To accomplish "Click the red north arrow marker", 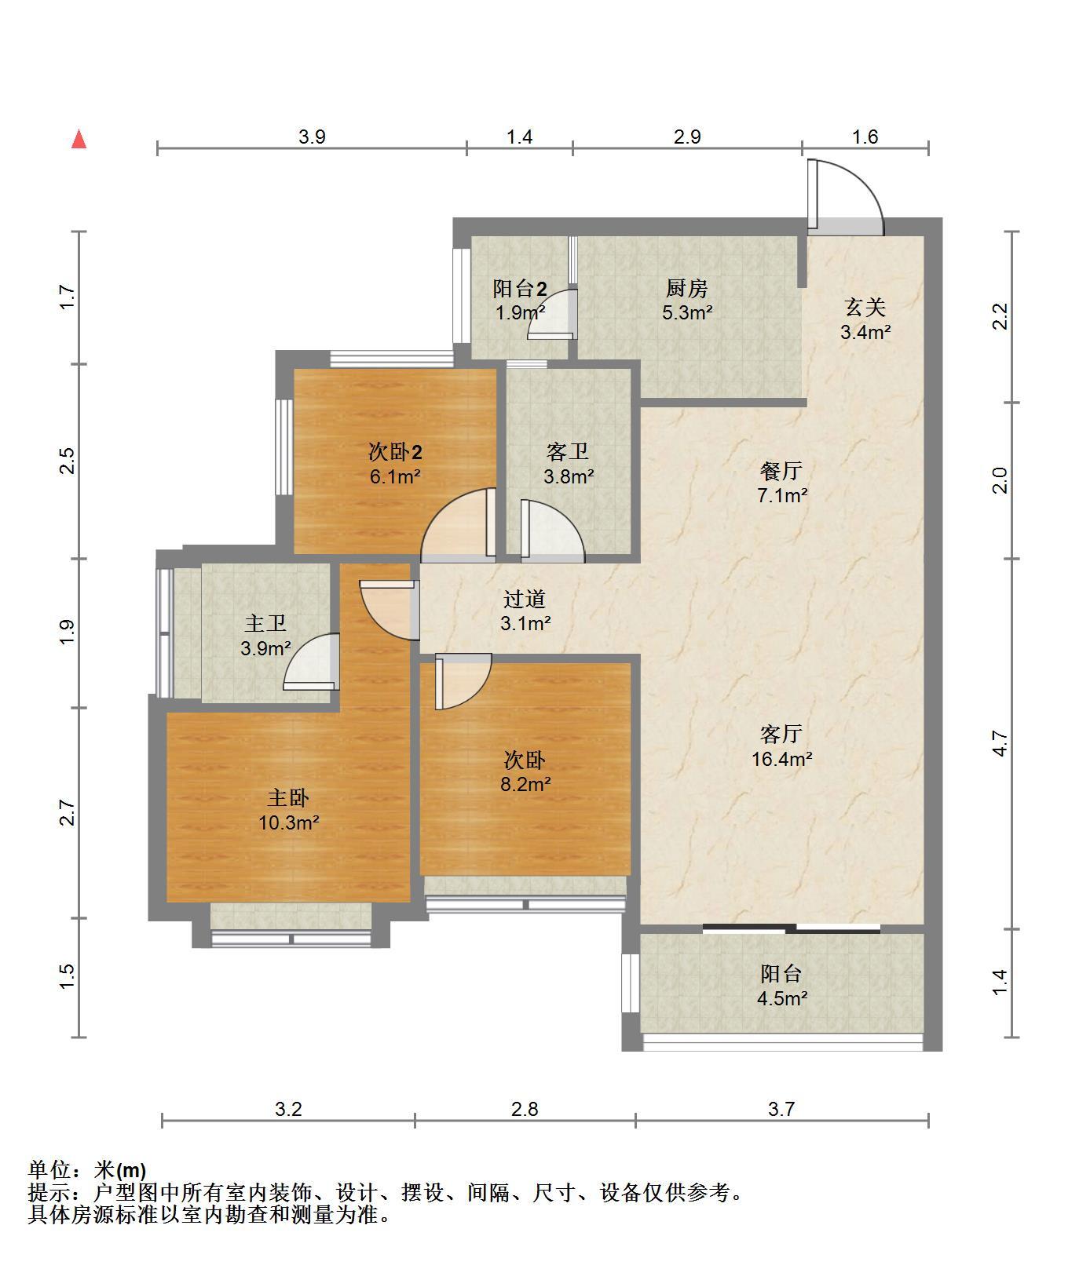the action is (79, 140).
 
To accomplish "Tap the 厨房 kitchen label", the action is (687, 288).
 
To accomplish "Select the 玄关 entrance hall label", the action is (865, 307).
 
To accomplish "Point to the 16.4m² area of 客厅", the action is (781, 759).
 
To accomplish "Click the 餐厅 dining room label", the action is (781, 471).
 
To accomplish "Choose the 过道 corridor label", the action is (525, 600).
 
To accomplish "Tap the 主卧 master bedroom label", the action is (288, 798).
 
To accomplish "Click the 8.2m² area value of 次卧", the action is (525, 784).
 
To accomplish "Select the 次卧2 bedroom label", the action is (396, 452).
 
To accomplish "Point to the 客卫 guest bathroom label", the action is (568, 452).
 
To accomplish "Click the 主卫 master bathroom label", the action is (265, 624).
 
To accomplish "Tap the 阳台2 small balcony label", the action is (520, 289).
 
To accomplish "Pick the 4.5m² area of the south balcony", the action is (782, 999).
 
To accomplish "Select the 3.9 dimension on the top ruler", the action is (312, 137).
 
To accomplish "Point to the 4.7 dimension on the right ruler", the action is (1000, 743).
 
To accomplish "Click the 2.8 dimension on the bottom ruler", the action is (525, 1109).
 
